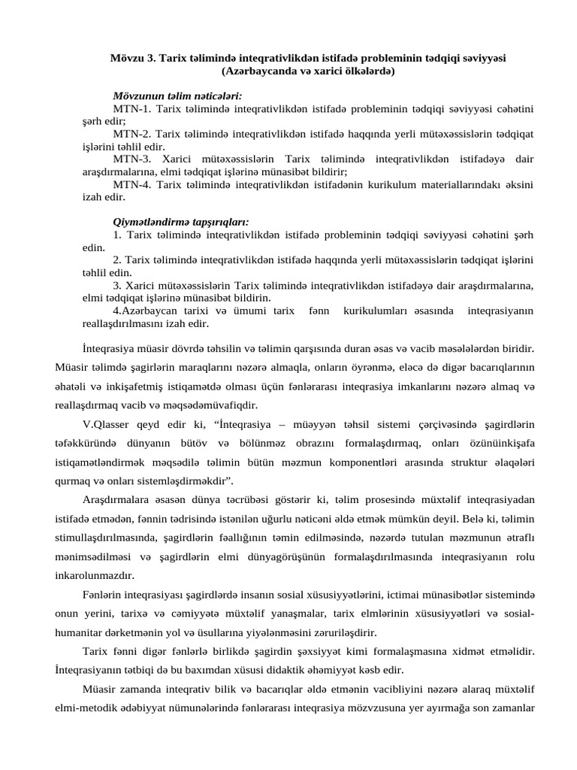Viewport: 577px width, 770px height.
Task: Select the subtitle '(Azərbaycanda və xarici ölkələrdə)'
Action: (308, 71)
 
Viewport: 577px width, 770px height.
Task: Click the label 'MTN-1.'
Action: (132, 109)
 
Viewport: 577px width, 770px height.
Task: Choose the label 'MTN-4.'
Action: (132, 185)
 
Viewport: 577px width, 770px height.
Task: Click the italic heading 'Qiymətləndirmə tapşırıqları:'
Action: (181, 223)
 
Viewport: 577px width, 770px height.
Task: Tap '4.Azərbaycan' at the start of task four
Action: (147, 311)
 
